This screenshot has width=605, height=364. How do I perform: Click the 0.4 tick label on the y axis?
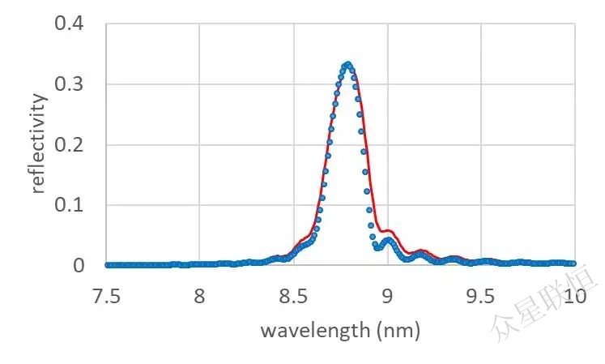(70, 24)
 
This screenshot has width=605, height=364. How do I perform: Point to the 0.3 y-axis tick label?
(70, 84)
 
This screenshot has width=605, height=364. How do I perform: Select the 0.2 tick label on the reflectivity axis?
(70, 145)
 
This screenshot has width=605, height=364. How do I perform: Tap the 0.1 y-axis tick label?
(70, 205)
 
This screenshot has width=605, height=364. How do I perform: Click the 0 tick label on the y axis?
(79, 266)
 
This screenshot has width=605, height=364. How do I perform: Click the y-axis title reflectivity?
(37, 144)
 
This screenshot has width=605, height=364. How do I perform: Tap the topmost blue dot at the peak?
(347, 64)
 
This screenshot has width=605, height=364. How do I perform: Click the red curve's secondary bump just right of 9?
(391, 232)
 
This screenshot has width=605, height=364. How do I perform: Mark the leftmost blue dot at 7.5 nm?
(108, 264)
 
